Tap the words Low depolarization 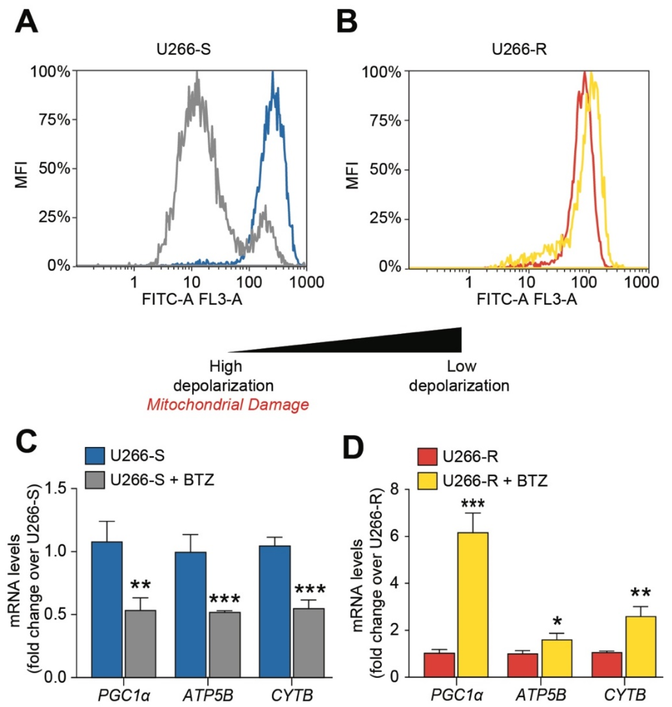click(x=460, y=376)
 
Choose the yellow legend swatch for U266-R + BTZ click(x=427, y=480)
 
